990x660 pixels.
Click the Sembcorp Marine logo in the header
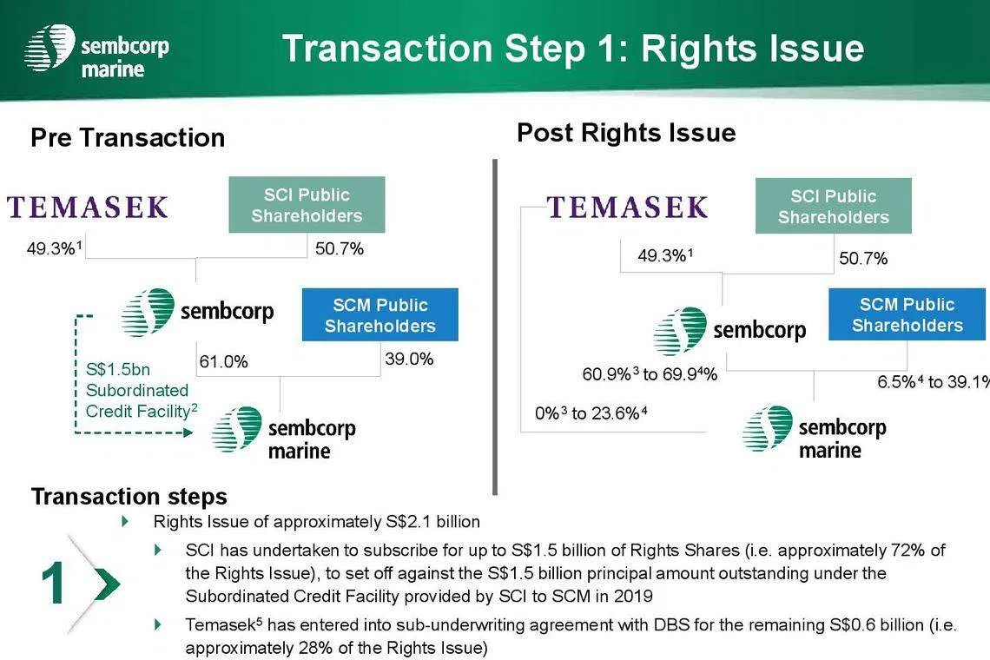96,49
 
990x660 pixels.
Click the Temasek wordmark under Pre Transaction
88,208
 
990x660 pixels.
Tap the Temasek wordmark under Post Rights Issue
627,208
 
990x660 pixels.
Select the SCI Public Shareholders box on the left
307,205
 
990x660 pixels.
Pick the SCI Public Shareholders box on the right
834,206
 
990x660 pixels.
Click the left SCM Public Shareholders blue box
380,314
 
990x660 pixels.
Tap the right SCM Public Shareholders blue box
907,313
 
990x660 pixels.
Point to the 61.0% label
223,362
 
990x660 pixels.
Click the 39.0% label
409,360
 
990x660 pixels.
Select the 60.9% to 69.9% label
650,374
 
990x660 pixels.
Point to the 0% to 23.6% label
591,413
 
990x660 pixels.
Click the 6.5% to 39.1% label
934,381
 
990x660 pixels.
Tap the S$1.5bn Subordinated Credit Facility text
142,390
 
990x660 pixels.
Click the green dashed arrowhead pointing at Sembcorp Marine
188,432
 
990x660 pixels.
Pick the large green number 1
53,584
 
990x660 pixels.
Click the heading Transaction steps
129,497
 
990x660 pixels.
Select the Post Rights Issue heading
626,133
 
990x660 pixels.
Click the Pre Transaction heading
129,138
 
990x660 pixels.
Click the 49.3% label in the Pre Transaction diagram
54,248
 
